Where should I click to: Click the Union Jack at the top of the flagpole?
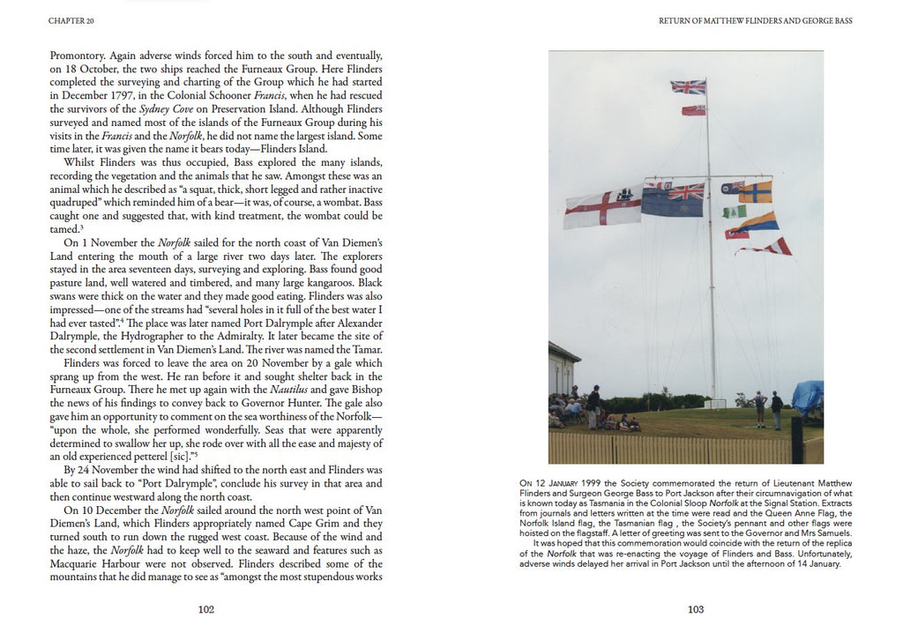coord(688,86)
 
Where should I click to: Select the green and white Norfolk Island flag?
coord(734,212)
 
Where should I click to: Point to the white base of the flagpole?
coord(714,404)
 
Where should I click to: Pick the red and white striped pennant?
coord(764,246)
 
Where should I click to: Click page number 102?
coord(206,608)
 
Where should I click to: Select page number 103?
coord(696,608)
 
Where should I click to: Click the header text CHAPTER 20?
coord(74,21)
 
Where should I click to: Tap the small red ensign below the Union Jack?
coord(693,111)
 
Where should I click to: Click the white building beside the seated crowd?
coord(564,370)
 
